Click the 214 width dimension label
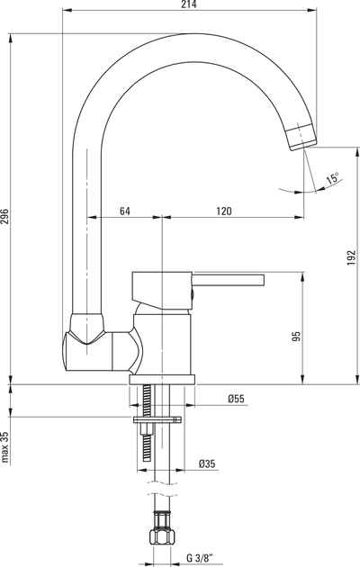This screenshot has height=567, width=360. (x=188, y=4)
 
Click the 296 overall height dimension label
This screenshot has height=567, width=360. (x=4, y=216)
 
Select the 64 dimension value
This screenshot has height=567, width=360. (x=125, y=211)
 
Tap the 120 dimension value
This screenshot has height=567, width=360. (x=224, y=211)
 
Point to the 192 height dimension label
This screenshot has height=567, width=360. (x=351, y=257)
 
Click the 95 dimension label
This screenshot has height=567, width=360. (x=296, y=337)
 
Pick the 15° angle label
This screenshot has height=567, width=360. (x=332, y=178)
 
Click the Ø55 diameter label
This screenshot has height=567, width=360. (x=236, y=399)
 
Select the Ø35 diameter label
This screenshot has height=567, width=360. (x=207, y=463)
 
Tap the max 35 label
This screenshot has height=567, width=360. (x=4, y=447)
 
